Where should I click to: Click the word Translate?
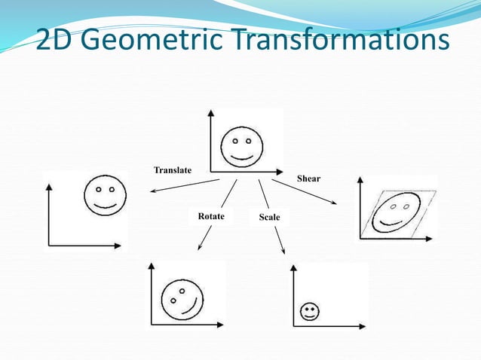point(173,170)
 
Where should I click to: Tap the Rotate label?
point(211,216)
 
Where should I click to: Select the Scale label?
point(269,217)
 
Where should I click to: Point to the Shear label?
point(308,178)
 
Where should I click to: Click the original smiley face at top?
point(241,145)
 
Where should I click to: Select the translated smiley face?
point(105,195)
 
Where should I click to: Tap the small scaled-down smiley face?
point(308,312)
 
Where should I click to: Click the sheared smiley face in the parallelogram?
point(397,212)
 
